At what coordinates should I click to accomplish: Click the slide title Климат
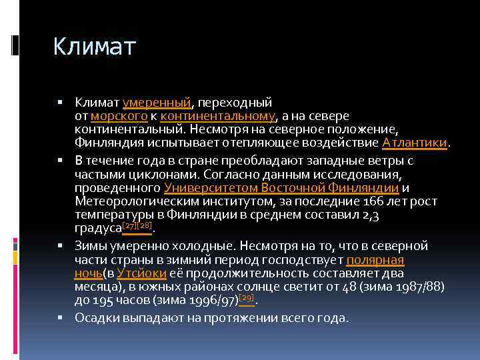click(94, 47)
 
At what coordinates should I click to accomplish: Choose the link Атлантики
click(416, 142)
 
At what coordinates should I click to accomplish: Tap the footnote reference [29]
click(246, 298)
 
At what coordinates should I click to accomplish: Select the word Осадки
click(94, 318)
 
